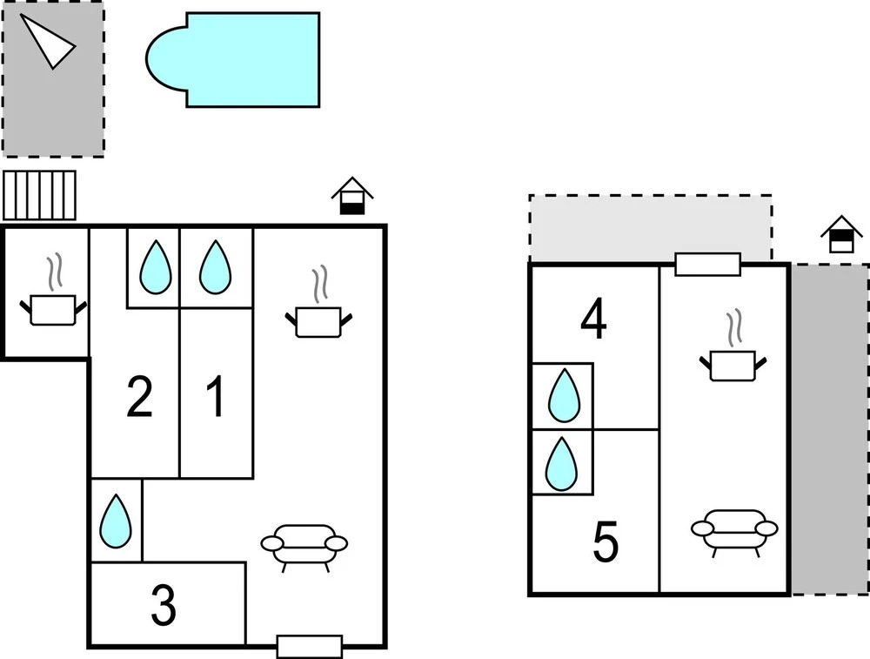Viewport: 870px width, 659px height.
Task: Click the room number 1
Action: click(x=215, y=397)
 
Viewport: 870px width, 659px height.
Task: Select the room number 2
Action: click(x=139, y=397)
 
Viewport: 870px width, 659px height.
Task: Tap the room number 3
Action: click(x=164, y=606)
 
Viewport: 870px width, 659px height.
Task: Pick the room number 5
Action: click(x=606, y=542)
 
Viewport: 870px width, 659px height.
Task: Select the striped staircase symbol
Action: click(x=39, y=195)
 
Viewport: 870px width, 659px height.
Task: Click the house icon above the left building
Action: click(x=351, y=197)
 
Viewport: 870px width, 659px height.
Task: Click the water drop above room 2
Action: click(x=155, y=267)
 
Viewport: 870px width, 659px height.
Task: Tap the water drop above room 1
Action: click(x=215, y=267)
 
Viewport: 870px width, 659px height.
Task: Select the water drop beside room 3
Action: click(x=116, y=521)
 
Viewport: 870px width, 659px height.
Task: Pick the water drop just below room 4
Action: click(x=563, y=396)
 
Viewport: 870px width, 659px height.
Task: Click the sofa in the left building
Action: click(x=304, y=545)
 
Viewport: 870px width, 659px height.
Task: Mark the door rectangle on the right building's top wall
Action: click(x=707, y=264)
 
